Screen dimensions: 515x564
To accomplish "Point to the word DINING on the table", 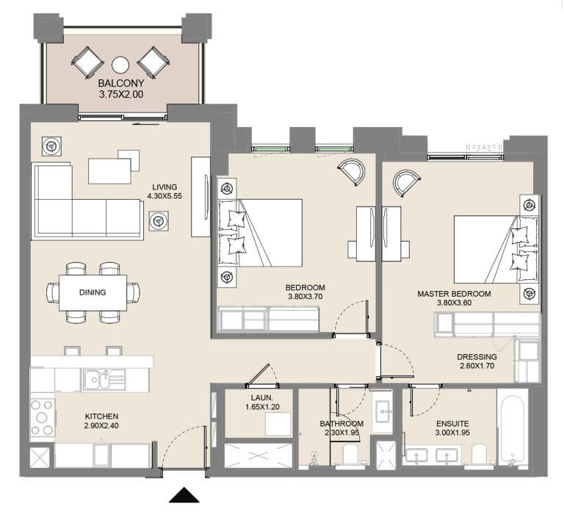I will (x=93, y=292).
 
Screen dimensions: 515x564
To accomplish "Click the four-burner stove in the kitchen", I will (x=42, y=417).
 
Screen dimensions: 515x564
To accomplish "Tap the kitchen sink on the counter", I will (x=97, y=380).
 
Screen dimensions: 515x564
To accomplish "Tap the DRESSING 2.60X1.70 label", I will (x=477, y=361).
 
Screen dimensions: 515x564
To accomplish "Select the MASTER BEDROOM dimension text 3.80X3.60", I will (x=454, y=303).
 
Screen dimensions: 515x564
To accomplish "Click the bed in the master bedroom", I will (x=488, y=248).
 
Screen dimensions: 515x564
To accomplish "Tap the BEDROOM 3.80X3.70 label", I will (x=305, y=292).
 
